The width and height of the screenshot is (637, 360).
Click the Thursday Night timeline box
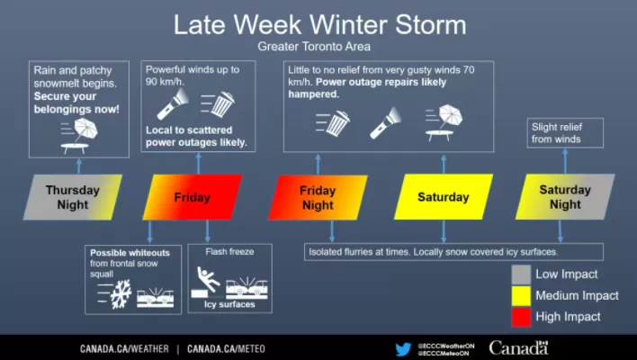73,197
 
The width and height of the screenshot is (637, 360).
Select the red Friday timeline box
193,197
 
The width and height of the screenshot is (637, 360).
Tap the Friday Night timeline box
318,197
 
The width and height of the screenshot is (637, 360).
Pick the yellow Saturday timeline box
444,197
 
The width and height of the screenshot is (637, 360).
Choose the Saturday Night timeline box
565,197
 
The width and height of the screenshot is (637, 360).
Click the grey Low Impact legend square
521,274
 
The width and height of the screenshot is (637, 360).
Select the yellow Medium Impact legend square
521,295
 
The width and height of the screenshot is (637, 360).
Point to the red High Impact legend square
521,317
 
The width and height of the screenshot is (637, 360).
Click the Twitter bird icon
403,349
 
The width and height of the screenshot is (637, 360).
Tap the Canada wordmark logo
518,348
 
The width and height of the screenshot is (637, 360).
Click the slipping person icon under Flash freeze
207,279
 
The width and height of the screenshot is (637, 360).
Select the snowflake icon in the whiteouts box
121,293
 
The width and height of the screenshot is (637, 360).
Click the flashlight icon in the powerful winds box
173,103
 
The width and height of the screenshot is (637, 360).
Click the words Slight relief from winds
557,133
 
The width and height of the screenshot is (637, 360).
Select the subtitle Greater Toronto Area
314,47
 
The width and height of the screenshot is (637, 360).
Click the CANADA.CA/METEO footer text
226,349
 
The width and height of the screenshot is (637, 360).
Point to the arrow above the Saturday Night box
565,161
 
